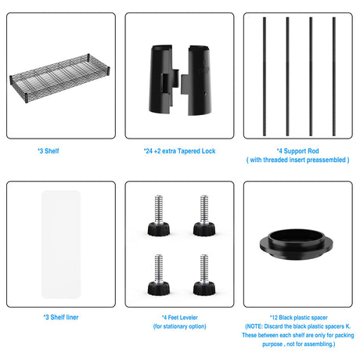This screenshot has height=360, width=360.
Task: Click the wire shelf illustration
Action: click(x=59, y=78)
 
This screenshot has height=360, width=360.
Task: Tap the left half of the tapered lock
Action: click(x=162, y=79)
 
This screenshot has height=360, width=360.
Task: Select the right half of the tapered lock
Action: click(x=197, y=80)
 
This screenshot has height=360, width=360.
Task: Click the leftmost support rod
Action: click(x=265, y=76)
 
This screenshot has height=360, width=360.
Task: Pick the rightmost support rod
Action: click(x=334, y=76)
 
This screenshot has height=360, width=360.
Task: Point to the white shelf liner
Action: click(x=61, y=244)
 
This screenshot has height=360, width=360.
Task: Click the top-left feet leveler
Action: click(x=159, y=216)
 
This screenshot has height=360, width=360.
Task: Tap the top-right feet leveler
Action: click(x=204, y=216)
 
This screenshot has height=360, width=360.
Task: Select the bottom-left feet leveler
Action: click(x=159, y=275)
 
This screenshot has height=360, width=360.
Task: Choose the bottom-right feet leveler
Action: click(x=204, y=275)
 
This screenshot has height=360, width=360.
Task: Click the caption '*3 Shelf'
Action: click(x=49, y=151)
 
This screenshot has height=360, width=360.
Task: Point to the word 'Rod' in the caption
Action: click(x=313, y=151)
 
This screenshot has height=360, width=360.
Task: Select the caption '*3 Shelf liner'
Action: click(x=61, y=317)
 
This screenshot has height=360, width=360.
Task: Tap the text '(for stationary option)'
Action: click(x=180, y=326)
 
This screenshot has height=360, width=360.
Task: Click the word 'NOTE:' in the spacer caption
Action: click(x=254, y=326)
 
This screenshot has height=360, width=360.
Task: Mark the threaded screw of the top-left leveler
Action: click(x=158, y=210)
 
